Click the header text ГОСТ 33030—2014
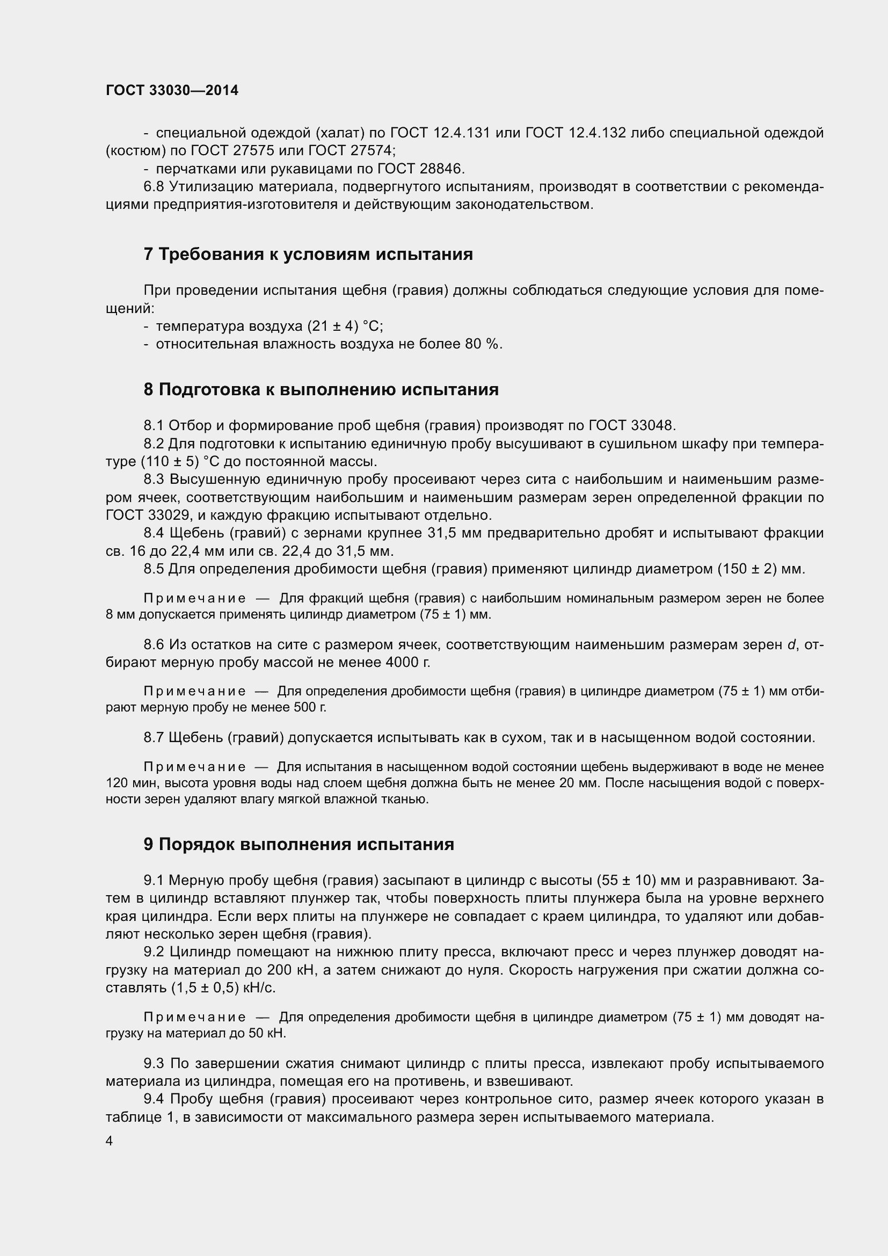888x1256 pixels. pos(172,90)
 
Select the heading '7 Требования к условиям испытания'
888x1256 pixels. pos(308,255)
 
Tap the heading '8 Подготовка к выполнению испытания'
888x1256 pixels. pos(321,389)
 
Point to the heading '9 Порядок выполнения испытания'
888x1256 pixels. pos(299,844)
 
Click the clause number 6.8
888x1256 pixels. pos(154,186)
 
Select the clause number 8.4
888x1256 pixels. pos(154,533)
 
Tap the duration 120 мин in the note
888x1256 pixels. pos(126,783)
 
